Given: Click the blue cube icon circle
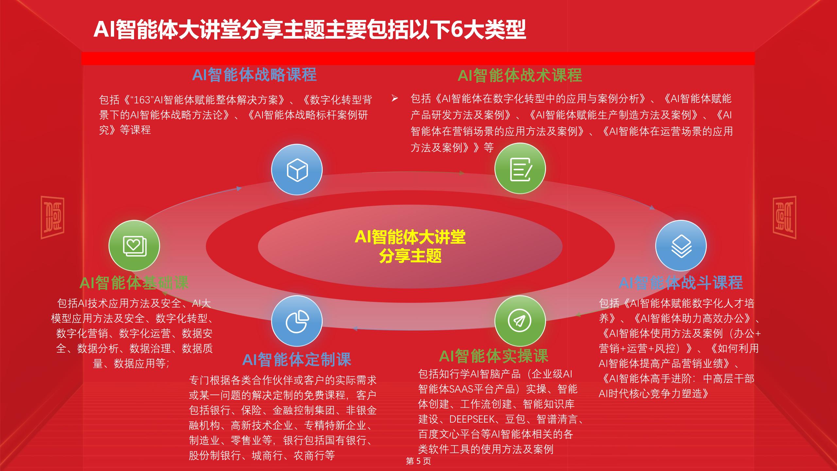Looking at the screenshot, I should click(x=297, y=170).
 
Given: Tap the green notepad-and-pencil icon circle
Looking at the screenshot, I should click(x=520, y=168).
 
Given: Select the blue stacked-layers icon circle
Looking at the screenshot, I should click(x=681, y=246).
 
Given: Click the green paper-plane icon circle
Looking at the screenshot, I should click(x=520, y=321).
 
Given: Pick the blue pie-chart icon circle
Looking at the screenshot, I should click(x=297, y=321).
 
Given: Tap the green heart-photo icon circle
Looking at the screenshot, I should click(x=134, y=246).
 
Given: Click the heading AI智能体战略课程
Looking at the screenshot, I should click(x=254, y=75).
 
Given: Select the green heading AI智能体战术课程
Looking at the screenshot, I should click(x=520, y=76).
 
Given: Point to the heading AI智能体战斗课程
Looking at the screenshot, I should click(x=681, y=283).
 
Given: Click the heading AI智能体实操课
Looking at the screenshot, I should click(x=494, y=356).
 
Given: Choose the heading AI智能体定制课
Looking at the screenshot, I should click(x=297, y=359).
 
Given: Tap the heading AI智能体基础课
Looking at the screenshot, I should click(x=134, y=283).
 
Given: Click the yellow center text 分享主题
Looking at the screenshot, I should click(x=410, y=256).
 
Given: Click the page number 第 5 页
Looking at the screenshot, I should click(x=418, y=461).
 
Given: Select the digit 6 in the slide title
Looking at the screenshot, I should click(x=456, y=30).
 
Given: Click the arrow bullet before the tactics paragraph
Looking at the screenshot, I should click(x=395, y=98).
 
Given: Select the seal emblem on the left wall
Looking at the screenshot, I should click(x=52, y=217).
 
